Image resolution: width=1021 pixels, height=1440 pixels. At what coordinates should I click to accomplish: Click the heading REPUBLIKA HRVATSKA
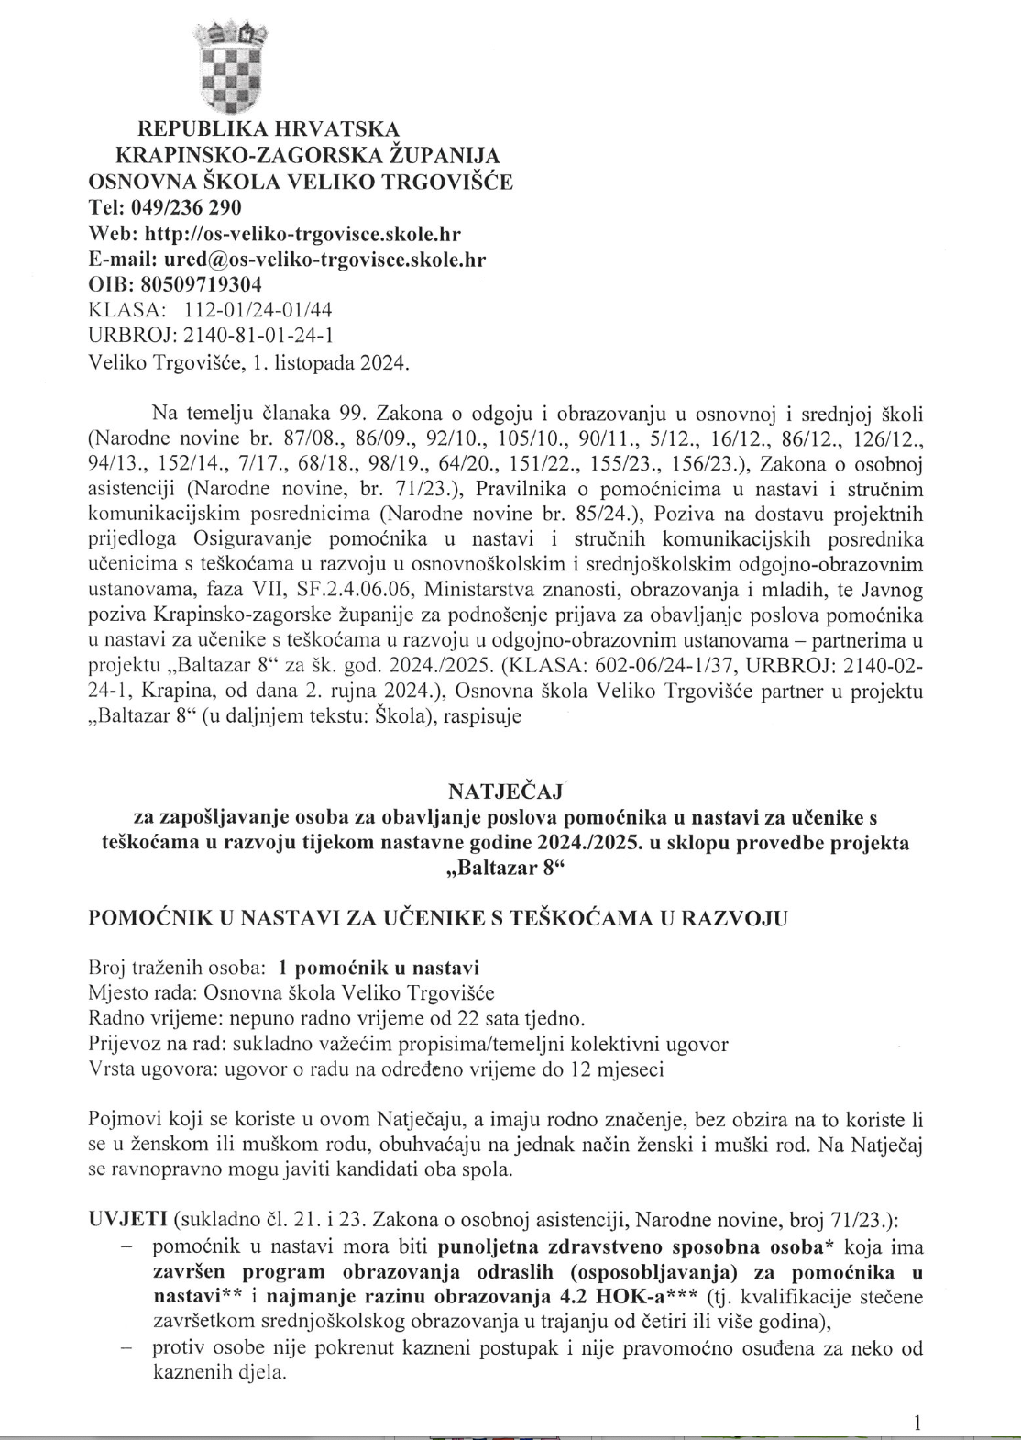(269, 127)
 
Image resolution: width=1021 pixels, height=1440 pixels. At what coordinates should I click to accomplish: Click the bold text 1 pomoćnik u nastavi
(379, 968)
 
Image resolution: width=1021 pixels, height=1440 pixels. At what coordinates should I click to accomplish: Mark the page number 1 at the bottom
(917, 1423)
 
